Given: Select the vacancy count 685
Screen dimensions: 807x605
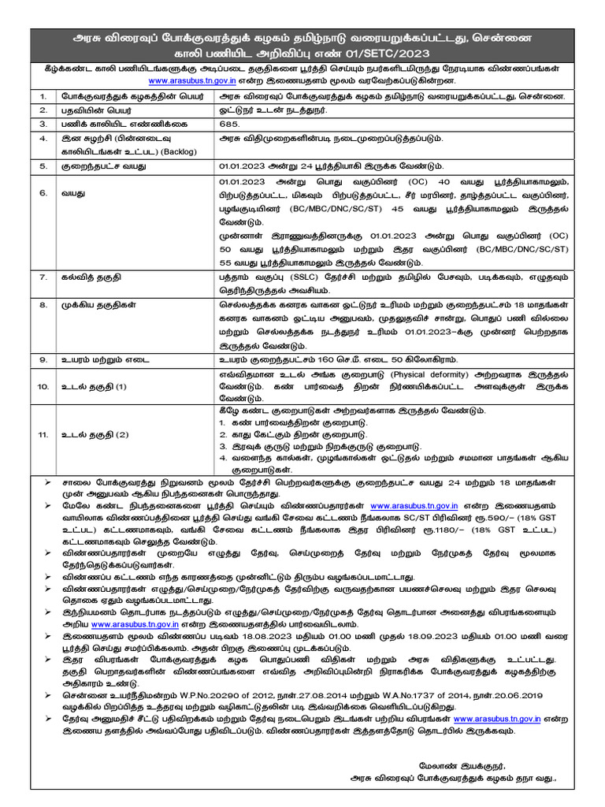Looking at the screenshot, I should click(228, 125).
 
